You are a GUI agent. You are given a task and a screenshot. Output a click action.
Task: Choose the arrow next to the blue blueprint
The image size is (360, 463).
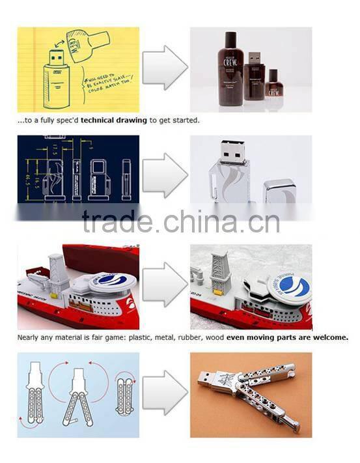point(165,175)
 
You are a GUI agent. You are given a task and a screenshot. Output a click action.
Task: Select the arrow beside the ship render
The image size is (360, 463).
point(165,284)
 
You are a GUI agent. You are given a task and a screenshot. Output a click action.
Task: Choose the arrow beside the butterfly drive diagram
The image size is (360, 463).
point(165,395)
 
